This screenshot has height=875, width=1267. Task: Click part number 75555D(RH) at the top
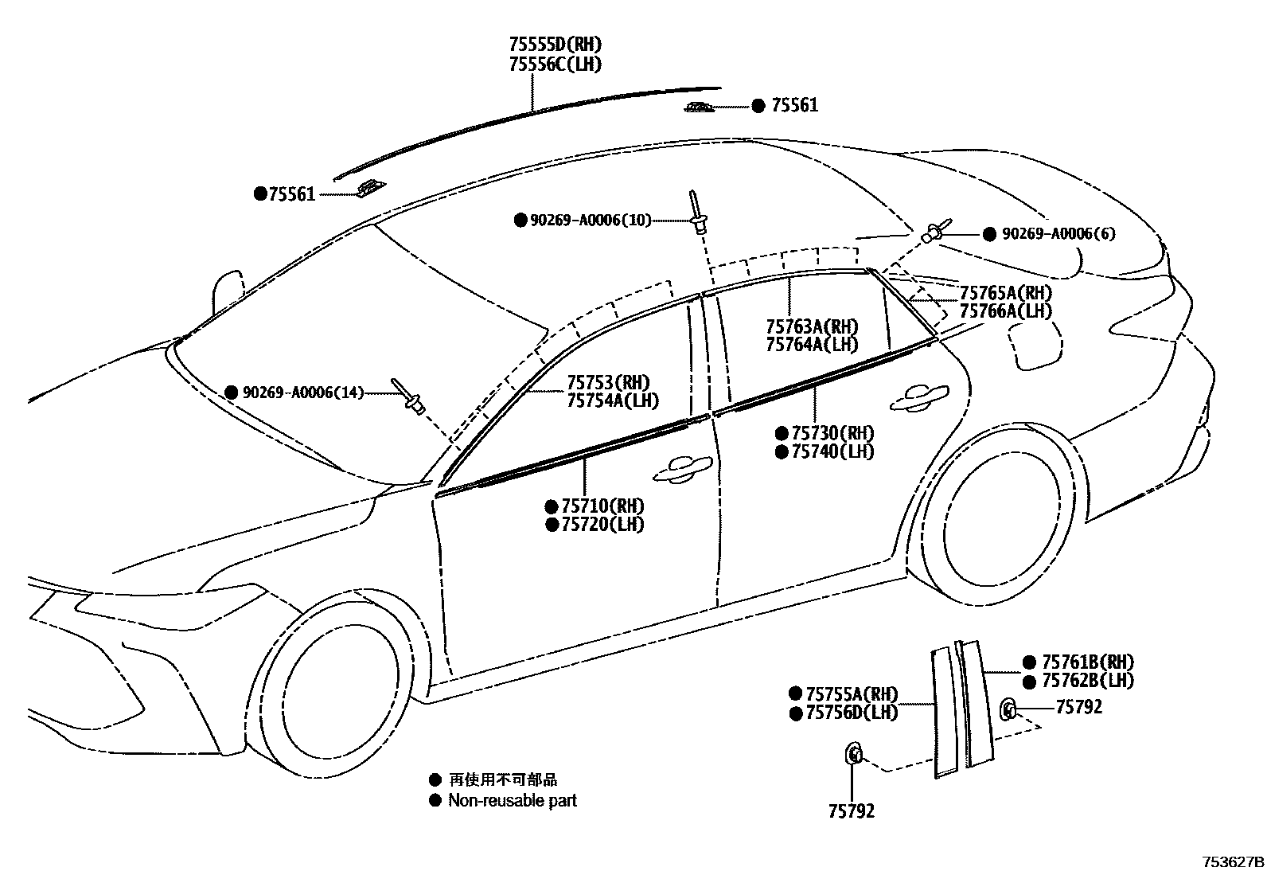click(555, 45)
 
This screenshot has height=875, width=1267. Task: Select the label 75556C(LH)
click(555, 64)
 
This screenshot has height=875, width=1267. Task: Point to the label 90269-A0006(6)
click(1058, 233)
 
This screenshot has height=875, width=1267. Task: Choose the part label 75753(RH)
click(608, 382)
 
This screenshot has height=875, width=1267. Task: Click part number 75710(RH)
click(602, 506)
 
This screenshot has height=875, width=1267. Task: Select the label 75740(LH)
click(832, 451)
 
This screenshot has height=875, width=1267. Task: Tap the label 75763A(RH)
click(812, 326)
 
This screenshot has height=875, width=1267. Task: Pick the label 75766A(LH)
click(1005, 311)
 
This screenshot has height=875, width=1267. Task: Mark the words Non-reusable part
click(512, 800)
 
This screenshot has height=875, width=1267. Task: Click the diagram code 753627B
click(1232, 861)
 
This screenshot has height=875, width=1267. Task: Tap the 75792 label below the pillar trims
click(851, 811)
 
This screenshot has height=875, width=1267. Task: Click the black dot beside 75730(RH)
click(782, 433)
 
